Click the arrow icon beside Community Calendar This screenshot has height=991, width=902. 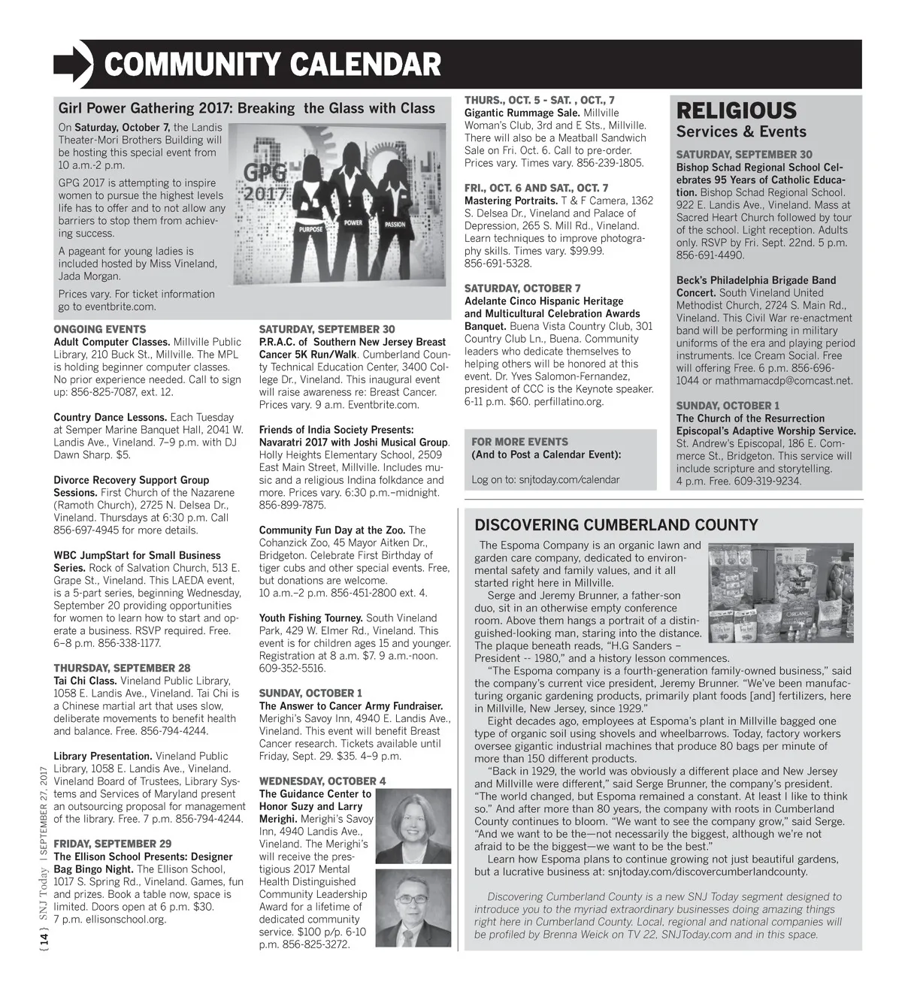tap(73, 63)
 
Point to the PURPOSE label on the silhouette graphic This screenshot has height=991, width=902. tap(311, 228)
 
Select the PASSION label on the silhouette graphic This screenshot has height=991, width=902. tap(395, 224)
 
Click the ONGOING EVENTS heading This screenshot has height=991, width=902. tap(100, 329)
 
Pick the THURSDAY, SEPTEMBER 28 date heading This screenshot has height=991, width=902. tap(122, 668)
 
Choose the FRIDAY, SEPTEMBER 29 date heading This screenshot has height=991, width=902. tap(113, 844)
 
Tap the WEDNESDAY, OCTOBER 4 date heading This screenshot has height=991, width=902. tap(322, 781)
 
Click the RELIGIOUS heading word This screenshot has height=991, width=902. tap(736, 111)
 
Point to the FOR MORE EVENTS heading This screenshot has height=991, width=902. tap(519, 442)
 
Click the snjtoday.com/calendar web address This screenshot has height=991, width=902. tap(569, 479)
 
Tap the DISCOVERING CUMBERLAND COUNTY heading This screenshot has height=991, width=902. tap(616, 525)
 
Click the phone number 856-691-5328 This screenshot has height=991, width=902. tap(498, 264)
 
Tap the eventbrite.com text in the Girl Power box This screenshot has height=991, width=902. tap(123, 307)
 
